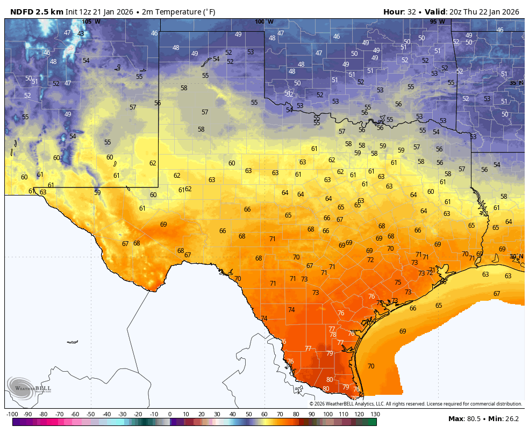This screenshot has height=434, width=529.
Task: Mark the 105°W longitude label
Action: (x=91, y=21)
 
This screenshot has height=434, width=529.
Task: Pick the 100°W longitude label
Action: (x=264, y=21)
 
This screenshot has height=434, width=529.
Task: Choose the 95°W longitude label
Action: (x=437, y=21)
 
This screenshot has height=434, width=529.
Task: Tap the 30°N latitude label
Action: (x=516, y=257)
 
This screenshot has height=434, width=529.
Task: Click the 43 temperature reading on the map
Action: (x=81, y=34)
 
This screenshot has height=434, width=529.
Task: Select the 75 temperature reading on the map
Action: (x=398, y=283)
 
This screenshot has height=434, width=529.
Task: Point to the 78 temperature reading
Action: (x=333, y=335)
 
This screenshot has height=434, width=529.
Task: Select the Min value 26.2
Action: (x=511, y=418)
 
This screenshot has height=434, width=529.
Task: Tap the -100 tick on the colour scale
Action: (x=12, y=414)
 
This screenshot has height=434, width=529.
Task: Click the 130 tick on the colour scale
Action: (x=375, y=414)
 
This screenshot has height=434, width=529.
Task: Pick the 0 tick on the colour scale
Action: (x=170, y=414)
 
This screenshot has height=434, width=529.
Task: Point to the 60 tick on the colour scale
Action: (x=264, y=414)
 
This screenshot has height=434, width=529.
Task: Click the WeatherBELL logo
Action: (x=30, y=388)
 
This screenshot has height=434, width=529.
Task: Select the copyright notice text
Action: (x=416, y=404)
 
